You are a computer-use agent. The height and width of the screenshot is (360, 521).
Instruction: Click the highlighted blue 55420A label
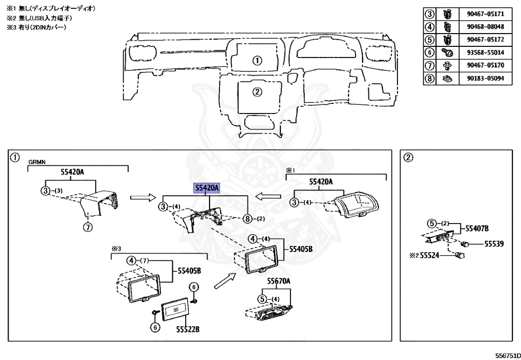206,188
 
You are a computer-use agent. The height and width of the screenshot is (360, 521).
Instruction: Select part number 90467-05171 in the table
485,14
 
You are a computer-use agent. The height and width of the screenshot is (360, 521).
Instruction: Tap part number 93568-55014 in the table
485,52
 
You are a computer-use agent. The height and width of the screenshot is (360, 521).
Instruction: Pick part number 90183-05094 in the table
485,78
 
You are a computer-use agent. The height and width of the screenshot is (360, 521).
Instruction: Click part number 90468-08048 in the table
485,26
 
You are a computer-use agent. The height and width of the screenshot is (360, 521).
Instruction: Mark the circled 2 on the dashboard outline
257,92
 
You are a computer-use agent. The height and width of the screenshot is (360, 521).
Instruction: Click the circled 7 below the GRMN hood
88,228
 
